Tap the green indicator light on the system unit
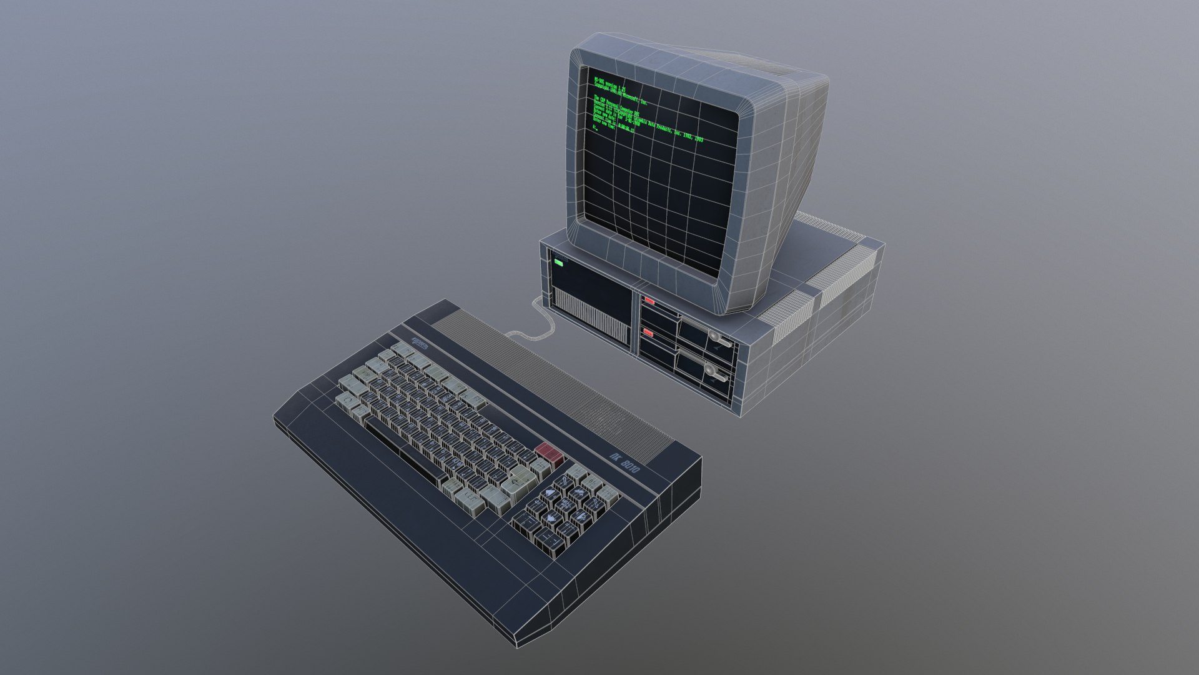click(x=558, y=264)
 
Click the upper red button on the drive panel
click(x=649, y=301)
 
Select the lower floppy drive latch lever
click(x=717, y=376)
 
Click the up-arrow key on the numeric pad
click(x=550, y=493)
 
